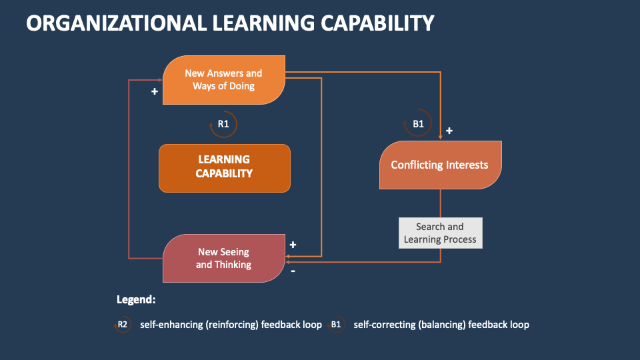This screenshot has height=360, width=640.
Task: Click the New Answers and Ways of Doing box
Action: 224,80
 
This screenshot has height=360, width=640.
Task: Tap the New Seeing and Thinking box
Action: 224,258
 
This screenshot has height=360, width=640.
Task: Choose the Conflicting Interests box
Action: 440,165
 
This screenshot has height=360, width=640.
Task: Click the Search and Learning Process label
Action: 440,233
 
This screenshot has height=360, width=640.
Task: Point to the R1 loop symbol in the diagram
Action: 224,124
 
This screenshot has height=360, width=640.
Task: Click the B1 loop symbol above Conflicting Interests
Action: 418,124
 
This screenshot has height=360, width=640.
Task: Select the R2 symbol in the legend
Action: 123,325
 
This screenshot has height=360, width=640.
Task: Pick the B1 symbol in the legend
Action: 336,325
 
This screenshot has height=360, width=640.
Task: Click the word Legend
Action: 136,300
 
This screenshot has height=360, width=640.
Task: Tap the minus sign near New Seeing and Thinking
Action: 293,271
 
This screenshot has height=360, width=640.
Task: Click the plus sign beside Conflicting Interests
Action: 449,131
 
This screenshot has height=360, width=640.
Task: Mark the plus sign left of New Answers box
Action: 155,91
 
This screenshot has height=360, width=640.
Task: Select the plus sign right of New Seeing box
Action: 293,245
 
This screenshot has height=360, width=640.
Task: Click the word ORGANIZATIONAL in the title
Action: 113,23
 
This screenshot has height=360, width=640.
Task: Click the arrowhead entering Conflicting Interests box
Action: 441,137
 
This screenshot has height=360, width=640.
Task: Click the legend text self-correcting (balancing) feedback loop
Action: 441,325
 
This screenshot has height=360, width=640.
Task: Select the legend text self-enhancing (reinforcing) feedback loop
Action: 231,325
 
